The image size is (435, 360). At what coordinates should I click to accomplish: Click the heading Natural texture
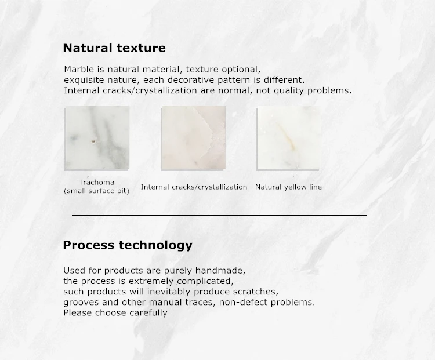[x=114, y=48]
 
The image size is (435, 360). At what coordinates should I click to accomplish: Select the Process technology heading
[x=128, y=245]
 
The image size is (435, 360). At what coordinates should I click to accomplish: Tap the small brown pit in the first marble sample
[x=93, y=141]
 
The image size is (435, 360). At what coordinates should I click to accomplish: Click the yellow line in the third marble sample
[x=287, y=136]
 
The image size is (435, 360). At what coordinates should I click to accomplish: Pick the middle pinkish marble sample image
[x=193, y=138]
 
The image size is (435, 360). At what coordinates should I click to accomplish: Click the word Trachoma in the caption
[x=96, y=182]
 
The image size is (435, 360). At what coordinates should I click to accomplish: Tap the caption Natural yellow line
[x=288, y=187]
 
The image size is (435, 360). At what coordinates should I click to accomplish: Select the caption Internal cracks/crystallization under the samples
[x=194, y=187]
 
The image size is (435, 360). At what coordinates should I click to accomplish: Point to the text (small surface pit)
[x=96, y=191]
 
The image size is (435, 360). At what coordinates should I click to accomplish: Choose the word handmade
[x=220, y=270]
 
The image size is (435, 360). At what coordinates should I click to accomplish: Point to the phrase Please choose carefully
[x=115, y=313]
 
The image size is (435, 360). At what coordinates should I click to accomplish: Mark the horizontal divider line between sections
[x=219, y=215]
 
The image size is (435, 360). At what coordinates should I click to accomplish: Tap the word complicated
[x=205, y=281]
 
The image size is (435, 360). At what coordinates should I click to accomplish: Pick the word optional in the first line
[x=241, y=70]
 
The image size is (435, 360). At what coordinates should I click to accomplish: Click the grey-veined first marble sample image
[x=97, y=138]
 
